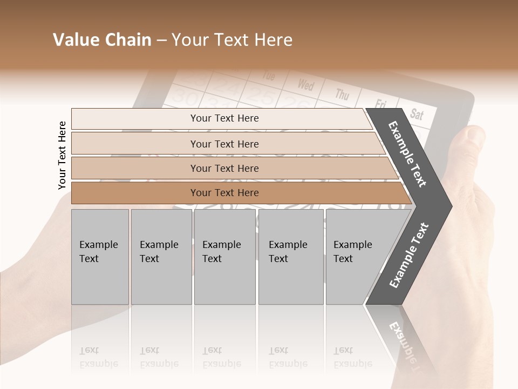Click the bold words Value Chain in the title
click(x=102, y=40)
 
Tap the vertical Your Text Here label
click(x=62, y=155)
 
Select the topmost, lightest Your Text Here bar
click(x=224, y=118)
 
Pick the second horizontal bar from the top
click(x=224, y=144)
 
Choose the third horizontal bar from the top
click(x=224, y=168)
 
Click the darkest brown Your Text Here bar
click(x=224, y=193)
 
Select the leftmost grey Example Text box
click(x=100, y=257)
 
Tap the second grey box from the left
click(x=161, y=257)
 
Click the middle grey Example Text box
click(x=224, y=257)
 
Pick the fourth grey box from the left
click(x=290, y=257)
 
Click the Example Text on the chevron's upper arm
click(x=408, y=154)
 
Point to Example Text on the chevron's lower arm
click(x=408, y=256)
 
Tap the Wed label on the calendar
click(x=305, y=84)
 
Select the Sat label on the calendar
click(x=417, y=113)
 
